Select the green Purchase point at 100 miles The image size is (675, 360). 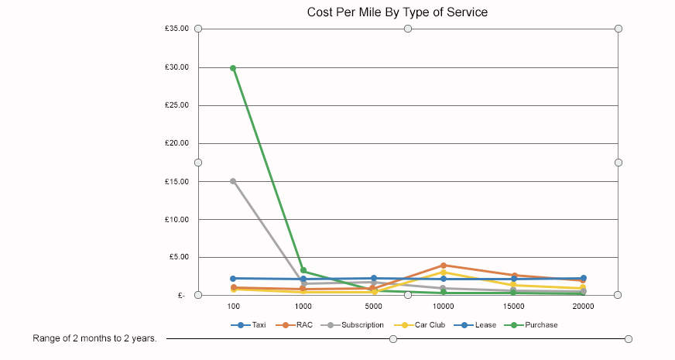click(233, 68)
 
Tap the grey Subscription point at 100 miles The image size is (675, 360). click(233, 181)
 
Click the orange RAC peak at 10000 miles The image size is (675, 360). click(444, 265)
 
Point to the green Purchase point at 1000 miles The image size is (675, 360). click(303, 270)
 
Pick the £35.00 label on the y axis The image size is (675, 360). click(177, 29)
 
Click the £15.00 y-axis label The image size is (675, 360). click(177, 181)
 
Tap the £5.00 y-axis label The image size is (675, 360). click(179, 257)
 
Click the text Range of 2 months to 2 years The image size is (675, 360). click(94, 338)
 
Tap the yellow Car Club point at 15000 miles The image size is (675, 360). click(513, 285)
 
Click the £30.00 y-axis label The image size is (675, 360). click(177, 67)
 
